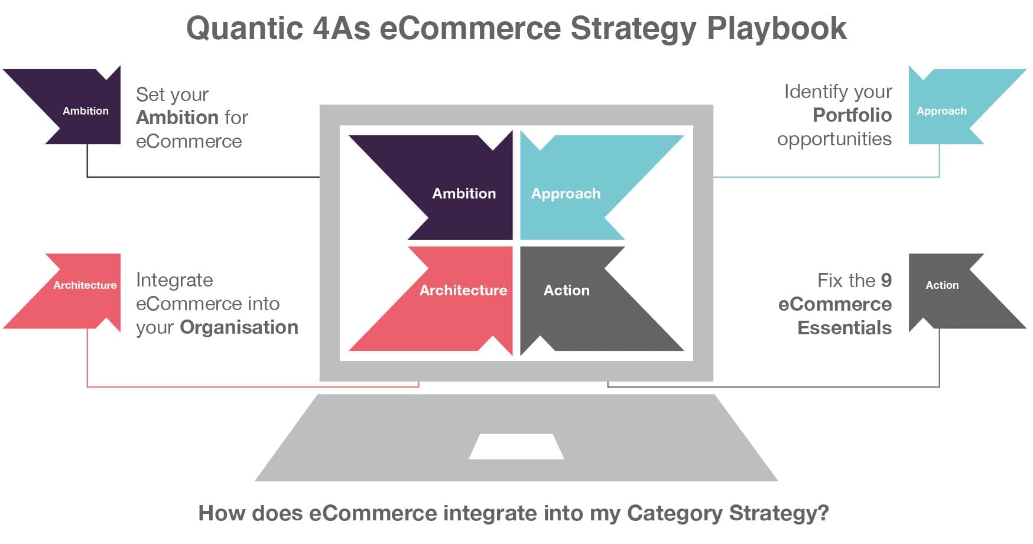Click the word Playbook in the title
[777, 28]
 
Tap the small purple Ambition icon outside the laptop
[77, 106]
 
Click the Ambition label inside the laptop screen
[464, 193]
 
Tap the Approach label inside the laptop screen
[566, 194]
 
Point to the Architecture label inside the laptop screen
[463, 290]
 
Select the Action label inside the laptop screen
[567, 290]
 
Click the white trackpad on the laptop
[516, 447]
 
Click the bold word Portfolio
[852, 115]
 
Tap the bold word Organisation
[239, 327]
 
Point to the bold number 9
[886, 280]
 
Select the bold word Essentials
[844, 327]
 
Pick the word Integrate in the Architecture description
[174, 280]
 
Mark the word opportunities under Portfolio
[834, 139]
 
